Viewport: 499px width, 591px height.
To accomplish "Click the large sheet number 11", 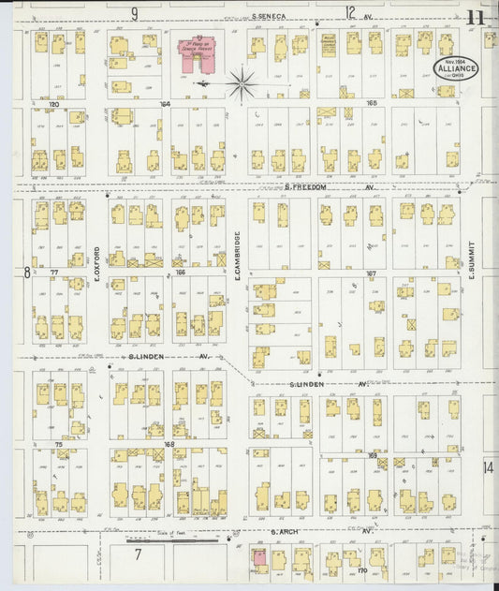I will click(x=475, y=16).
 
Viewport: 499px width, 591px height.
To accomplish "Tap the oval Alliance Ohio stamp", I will click(x=457, y=68).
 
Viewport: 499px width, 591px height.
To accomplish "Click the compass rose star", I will click(x=242, y=84).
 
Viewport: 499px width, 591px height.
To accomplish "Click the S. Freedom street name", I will click(x=305, y=186).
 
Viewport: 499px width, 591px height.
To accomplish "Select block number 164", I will click(x=166, y=104).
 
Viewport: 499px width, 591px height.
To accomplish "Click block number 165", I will click(x=372, y=104).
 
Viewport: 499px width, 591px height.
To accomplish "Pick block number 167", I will click(x=372, y=273).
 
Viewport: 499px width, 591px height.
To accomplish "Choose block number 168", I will click(x=169, y=444).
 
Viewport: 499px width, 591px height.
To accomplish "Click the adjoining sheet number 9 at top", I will click(x=134, y=13).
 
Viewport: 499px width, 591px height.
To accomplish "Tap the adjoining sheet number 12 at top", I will click(x=350, y=13).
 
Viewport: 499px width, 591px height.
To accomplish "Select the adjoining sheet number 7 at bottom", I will click(x=138, y=554).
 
